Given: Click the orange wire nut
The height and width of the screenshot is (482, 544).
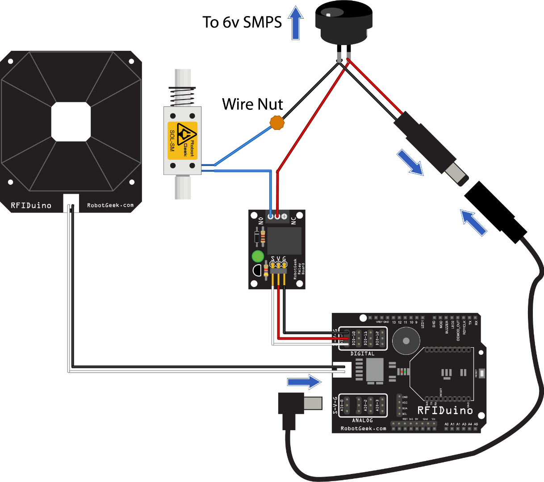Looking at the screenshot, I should click(x=277, y=122).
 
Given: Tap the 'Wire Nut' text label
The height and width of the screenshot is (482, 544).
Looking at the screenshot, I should click(x=252, y=104).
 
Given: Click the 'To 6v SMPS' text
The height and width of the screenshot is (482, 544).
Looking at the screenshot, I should click(x=242, y=22).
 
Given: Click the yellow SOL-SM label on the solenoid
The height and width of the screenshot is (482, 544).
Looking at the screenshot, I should click(x=182, y=141).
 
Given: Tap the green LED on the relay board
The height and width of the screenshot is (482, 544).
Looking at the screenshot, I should click(x=258, y=256).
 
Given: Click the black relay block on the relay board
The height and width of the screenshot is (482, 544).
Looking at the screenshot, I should click(x=284, y=240).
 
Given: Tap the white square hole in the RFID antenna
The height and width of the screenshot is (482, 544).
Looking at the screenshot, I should click(x=71, y=121).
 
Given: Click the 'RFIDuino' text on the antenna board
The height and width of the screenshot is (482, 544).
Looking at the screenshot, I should click(x=31, y=205).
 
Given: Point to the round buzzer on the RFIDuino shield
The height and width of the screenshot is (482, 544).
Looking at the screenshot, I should click(x=406, y=341).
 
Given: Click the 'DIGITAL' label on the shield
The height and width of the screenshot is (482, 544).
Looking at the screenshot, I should click(x=362, y=353).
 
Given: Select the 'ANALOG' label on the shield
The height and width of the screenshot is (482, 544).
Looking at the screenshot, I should click(x=362, y=420).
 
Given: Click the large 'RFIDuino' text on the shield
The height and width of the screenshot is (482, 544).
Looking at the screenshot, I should click(x=445, y=410).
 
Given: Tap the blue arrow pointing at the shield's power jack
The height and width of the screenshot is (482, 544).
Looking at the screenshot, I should click(x=304, y=382).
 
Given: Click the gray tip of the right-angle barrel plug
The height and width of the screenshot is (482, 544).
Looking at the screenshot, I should click(x=313, y=403).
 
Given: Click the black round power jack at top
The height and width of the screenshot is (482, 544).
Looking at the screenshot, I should click(x=343, y=20).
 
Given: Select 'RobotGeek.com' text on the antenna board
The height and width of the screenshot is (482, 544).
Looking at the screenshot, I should click(x=110, y=205).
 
